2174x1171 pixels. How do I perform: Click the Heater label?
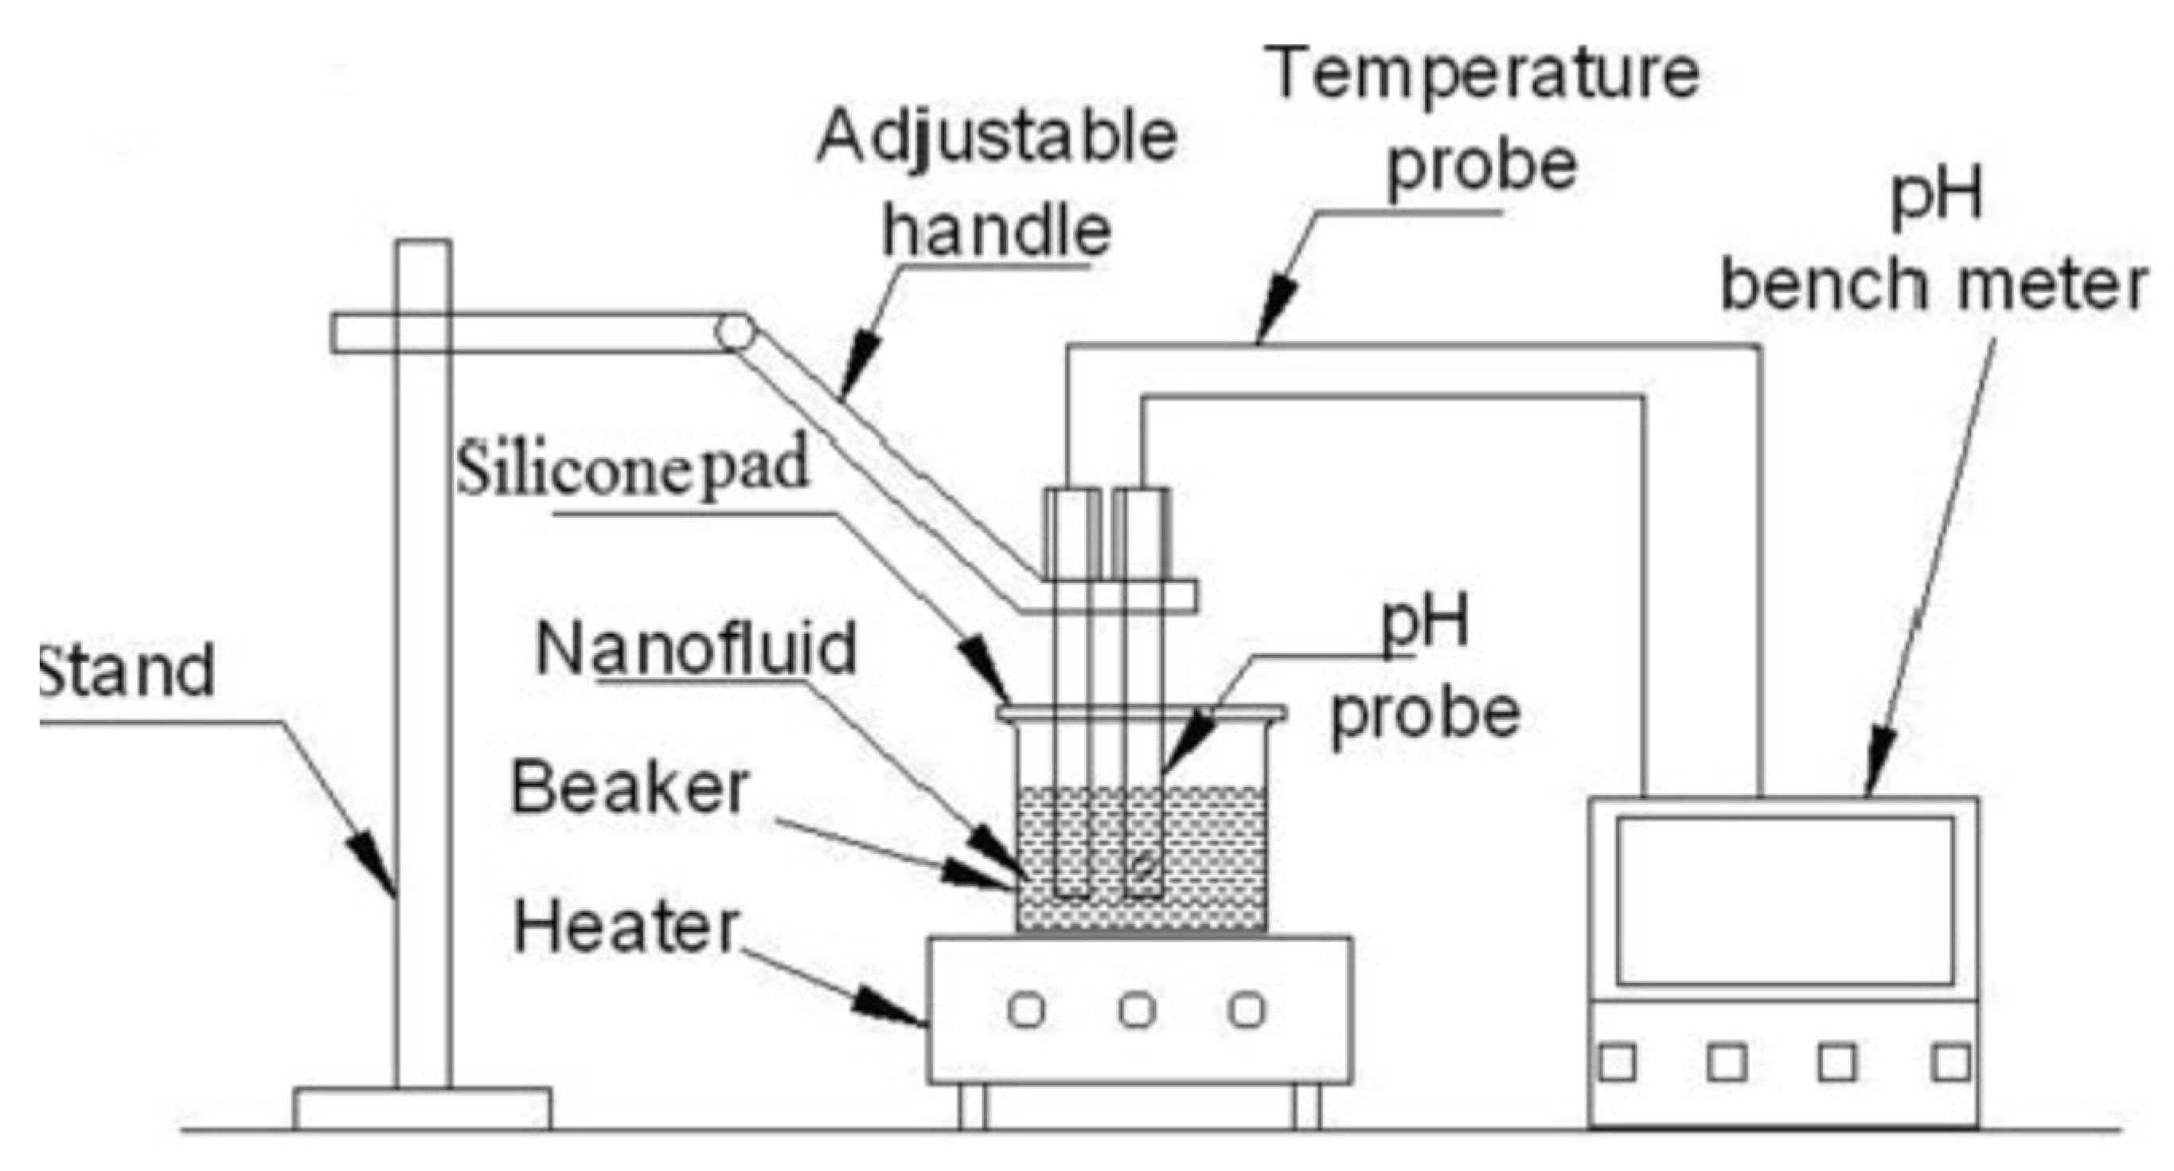[x=626, y=927]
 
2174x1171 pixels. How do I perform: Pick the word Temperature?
[x=1485, y=74]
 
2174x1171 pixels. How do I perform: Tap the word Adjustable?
[x=996, y=137]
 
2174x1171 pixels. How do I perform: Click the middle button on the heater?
[x=1136, y=1010]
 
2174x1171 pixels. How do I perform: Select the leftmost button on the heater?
[x=1025, y=1010]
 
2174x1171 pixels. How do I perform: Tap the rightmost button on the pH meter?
[x=1951, y=1063]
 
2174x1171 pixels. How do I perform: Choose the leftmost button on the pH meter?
[x=1617, y=1063]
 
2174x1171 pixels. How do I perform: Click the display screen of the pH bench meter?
[x=1785, y=900]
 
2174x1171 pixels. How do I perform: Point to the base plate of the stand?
[x=422, y=1108]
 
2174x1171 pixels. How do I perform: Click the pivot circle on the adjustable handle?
[x=734, y=333]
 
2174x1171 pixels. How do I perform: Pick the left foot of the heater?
[x=972, y=1106]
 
